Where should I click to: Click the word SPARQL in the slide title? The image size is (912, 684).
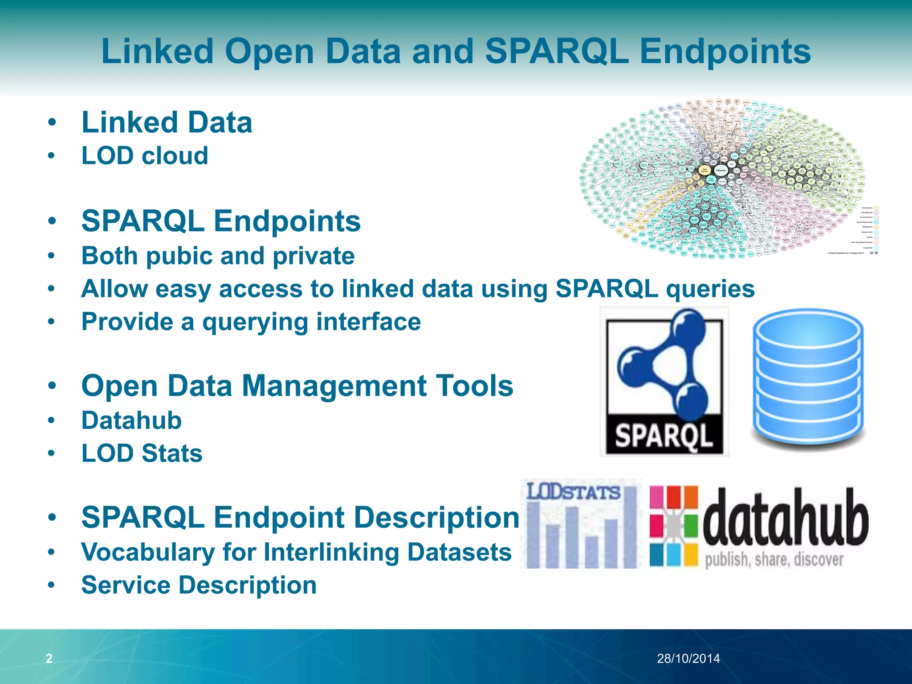point(557,52)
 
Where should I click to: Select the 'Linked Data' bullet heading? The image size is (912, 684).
point(167,122)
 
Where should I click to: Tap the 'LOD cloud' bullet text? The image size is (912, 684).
point(145,156)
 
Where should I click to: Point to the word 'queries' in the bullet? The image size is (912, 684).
point(710,289)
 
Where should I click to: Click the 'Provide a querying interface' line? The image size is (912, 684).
point(251,322)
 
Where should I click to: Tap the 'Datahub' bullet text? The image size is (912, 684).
point(131,420)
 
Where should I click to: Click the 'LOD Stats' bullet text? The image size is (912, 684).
point(142,453)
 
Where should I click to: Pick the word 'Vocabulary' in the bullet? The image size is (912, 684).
point(148,552)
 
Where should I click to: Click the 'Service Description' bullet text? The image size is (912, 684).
point(199,585)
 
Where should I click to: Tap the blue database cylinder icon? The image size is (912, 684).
point(807,379)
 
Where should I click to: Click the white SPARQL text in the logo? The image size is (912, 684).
point(664,435)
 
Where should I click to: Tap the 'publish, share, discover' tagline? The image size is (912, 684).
point(774,560)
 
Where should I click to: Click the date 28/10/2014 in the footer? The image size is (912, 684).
point(688,659)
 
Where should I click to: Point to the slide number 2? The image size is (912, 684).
point(49,658)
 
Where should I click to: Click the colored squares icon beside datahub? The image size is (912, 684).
point(673,525)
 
